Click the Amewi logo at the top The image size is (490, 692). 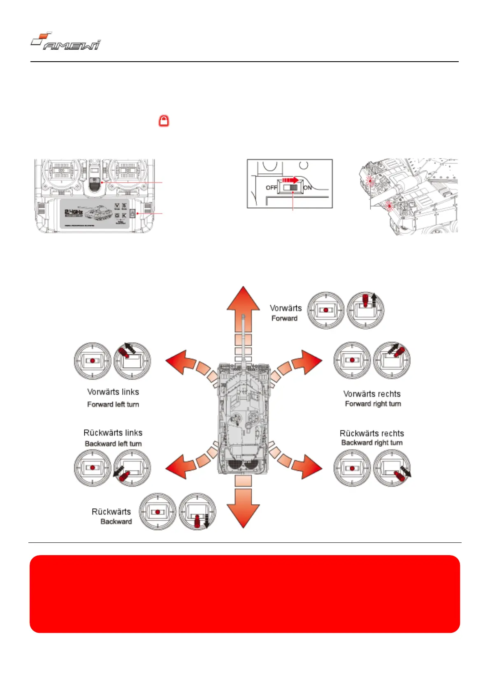click(x=66, y=42)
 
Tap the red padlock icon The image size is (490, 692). click(x=164, y=121)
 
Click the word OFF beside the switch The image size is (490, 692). click(x=271, y=188)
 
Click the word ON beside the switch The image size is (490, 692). click(x=307, y=188)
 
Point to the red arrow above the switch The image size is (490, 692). click(x=290, y=180)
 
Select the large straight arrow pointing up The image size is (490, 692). click(x=243, y=304)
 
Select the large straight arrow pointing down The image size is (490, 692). click(x=243, y=510)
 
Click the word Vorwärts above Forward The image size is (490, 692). click(x=286, y=308)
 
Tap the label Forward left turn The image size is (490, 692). click(x=113, y=404)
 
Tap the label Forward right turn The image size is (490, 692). click(x=373, y=404)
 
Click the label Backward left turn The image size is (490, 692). click(x=113, y=444)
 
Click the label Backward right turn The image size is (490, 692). click(x=372, y=443)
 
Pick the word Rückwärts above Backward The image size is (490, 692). click(x=111, y=512)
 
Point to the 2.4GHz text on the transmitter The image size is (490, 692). click(x=74, y=212)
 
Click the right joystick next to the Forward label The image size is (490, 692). click(x=365, y=310)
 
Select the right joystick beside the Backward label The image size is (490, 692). click(x=197, y=512)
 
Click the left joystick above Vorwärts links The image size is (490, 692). click(x=93, y=360)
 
